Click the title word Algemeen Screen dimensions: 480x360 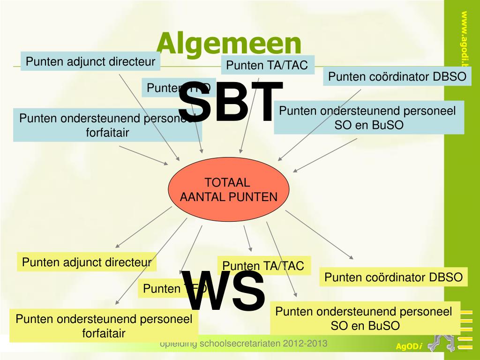click(229, 43)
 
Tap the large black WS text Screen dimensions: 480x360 click(223, 292)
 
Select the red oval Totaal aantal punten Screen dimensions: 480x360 click(229, 190)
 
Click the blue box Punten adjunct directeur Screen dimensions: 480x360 click(90, 61)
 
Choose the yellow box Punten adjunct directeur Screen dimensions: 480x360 click(87, 262)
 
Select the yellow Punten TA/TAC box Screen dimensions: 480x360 click(263, 266)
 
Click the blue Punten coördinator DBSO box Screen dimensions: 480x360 click(397, 77)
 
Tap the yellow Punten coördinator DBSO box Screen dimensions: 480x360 click(394, 277)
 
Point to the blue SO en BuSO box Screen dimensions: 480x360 click(369, 118)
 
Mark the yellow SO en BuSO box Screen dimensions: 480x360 click(365, 318)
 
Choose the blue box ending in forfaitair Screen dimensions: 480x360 click(107, 125)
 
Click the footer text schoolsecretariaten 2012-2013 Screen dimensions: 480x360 click(244, 344)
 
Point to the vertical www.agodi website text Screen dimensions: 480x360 click(464, 42)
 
